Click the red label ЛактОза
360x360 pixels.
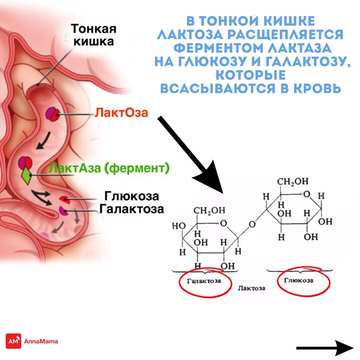click(x=121, y=113)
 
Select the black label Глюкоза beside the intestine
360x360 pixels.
click(x=132, y=196)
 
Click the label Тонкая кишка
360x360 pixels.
click(x=93, y=35)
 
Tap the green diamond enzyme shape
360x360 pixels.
click(x=26, y=176)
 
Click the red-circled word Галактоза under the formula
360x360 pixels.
click(x=204, y=281)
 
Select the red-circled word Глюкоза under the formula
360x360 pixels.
click(x=299, y=280)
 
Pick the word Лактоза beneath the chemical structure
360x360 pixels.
click(x=252, y=288)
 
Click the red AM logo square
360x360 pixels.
click(x=13, y=341)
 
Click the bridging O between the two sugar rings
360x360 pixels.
click(x=252, y=224)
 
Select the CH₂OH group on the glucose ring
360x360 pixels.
click(x=293, y=181)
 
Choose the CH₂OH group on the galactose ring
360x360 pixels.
click(x=209, y=210)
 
